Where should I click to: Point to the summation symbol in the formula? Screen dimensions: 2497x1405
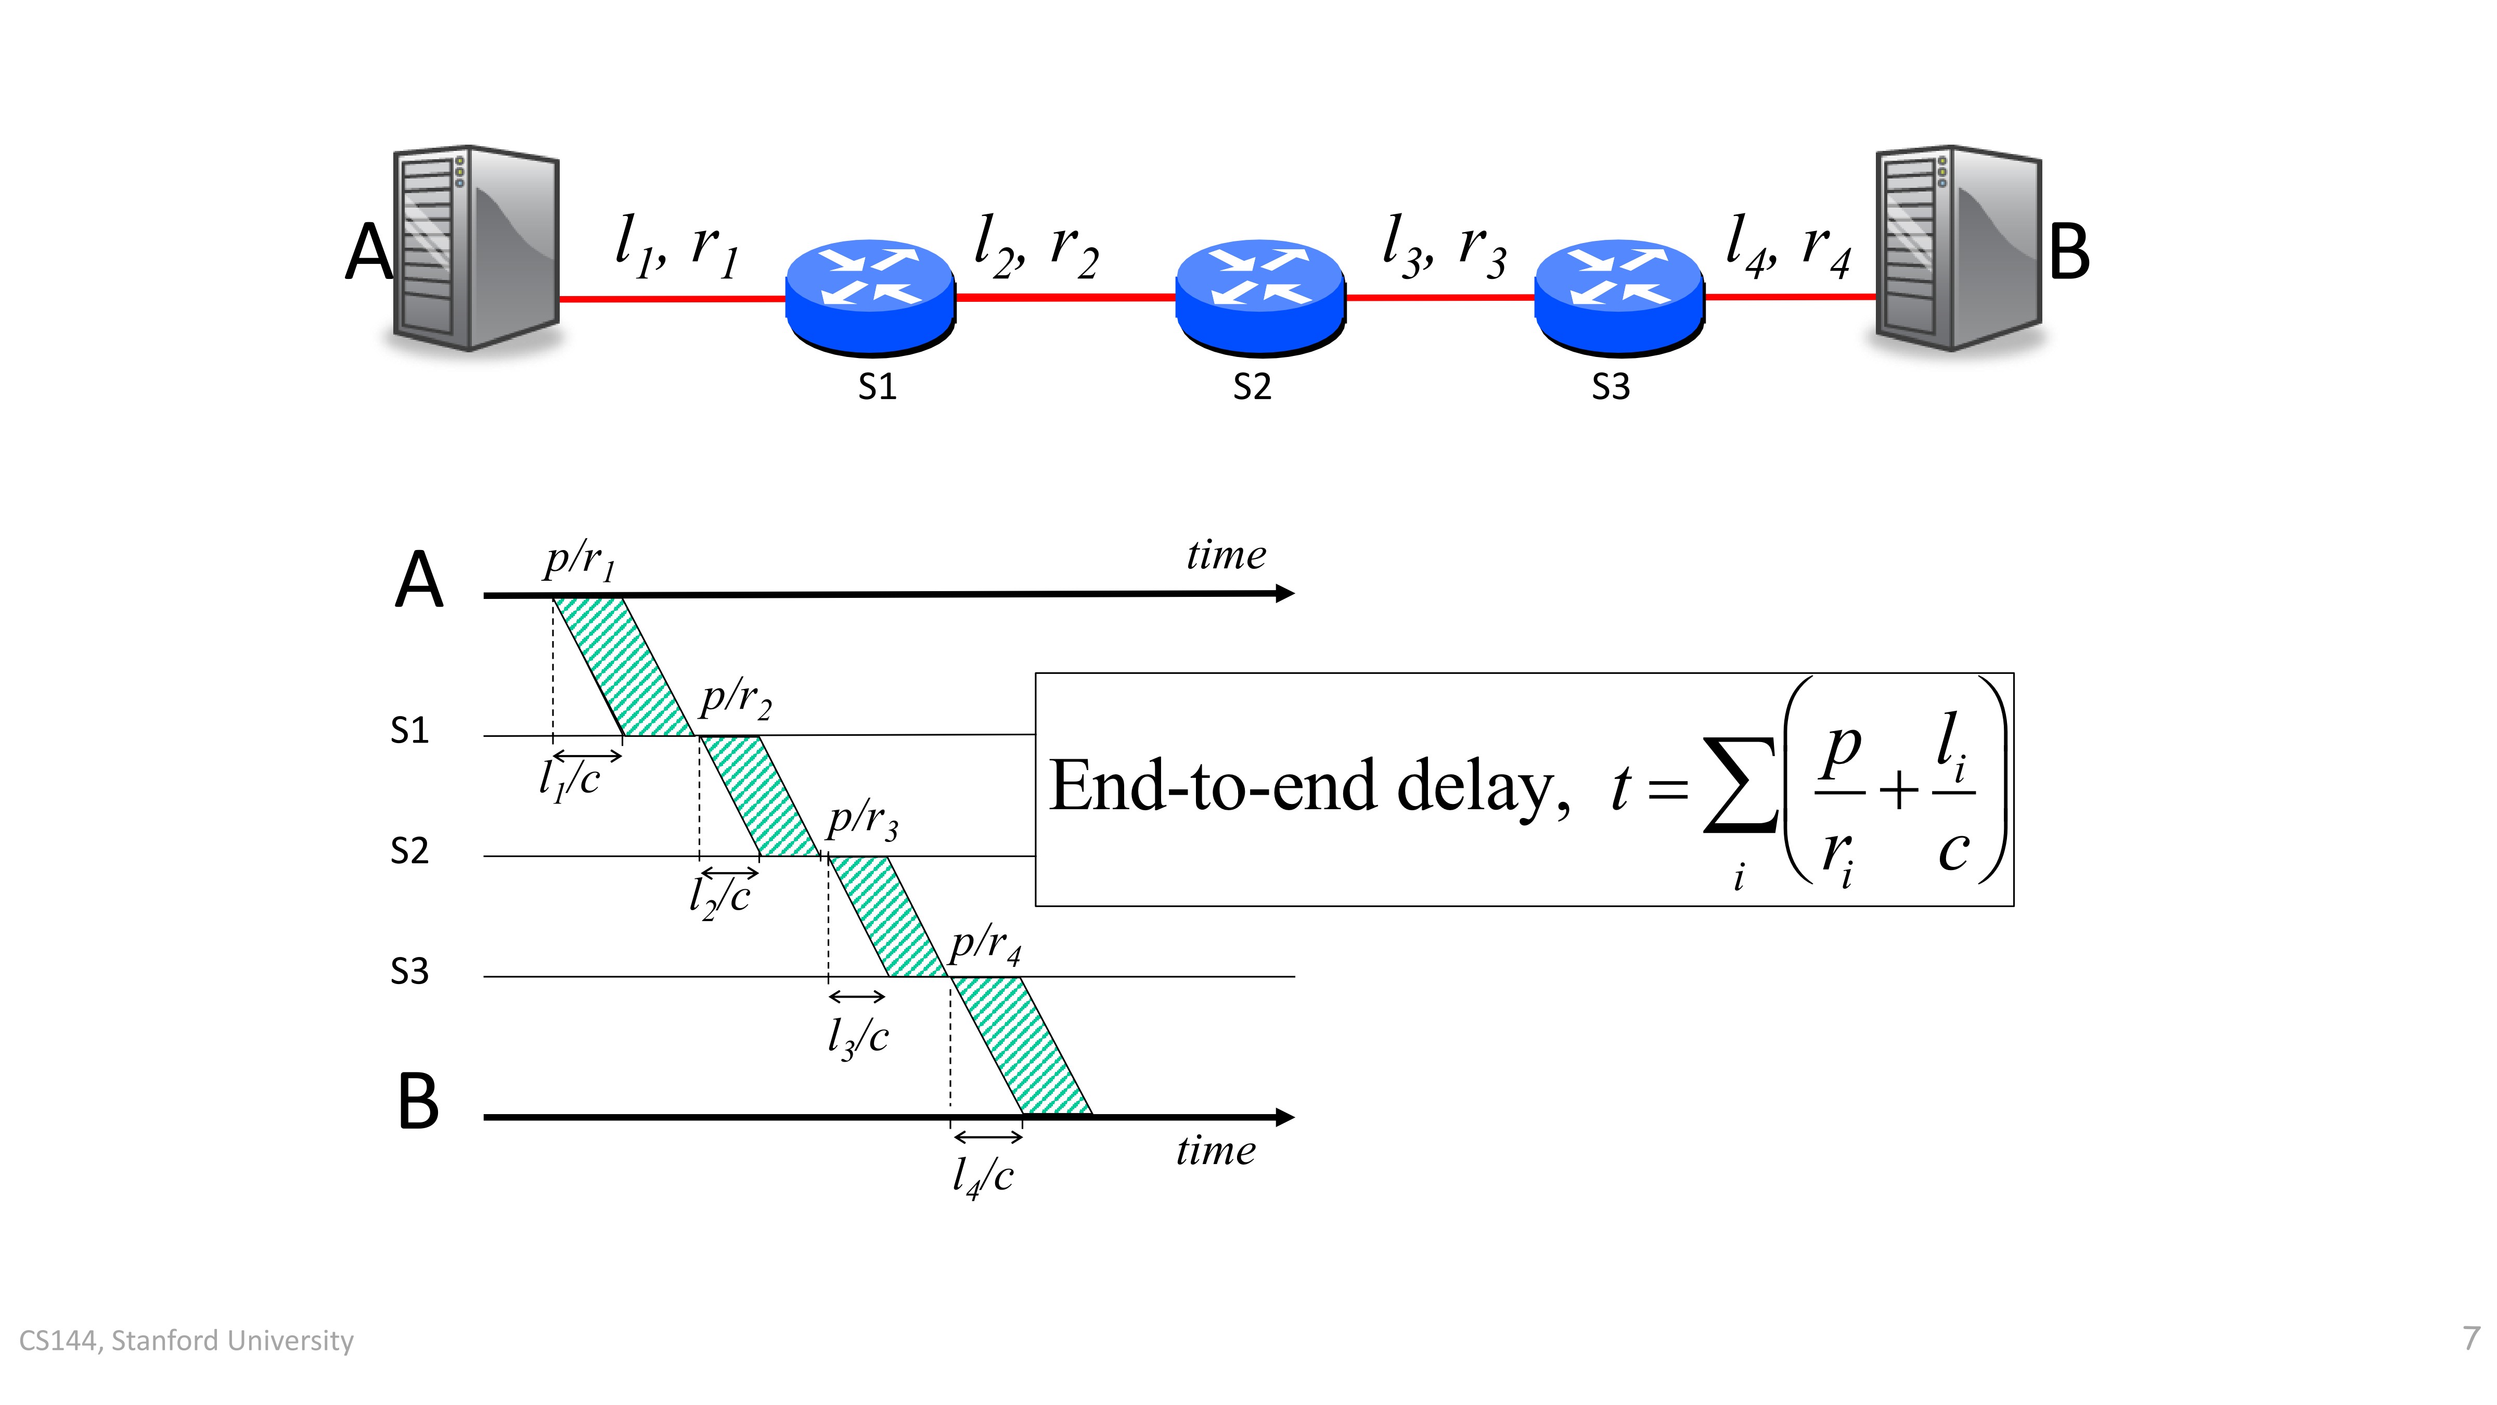pyautogui.click(x=1741, y=785)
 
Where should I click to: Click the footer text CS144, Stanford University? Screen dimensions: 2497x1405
pyautogui.click(x=186, y=1340)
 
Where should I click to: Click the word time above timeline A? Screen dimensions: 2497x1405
pyautogui.click(x=1226, y=555)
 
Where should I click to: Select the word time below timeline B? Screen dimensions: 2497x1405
pyautogui.click(x=1216, y=1151)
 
